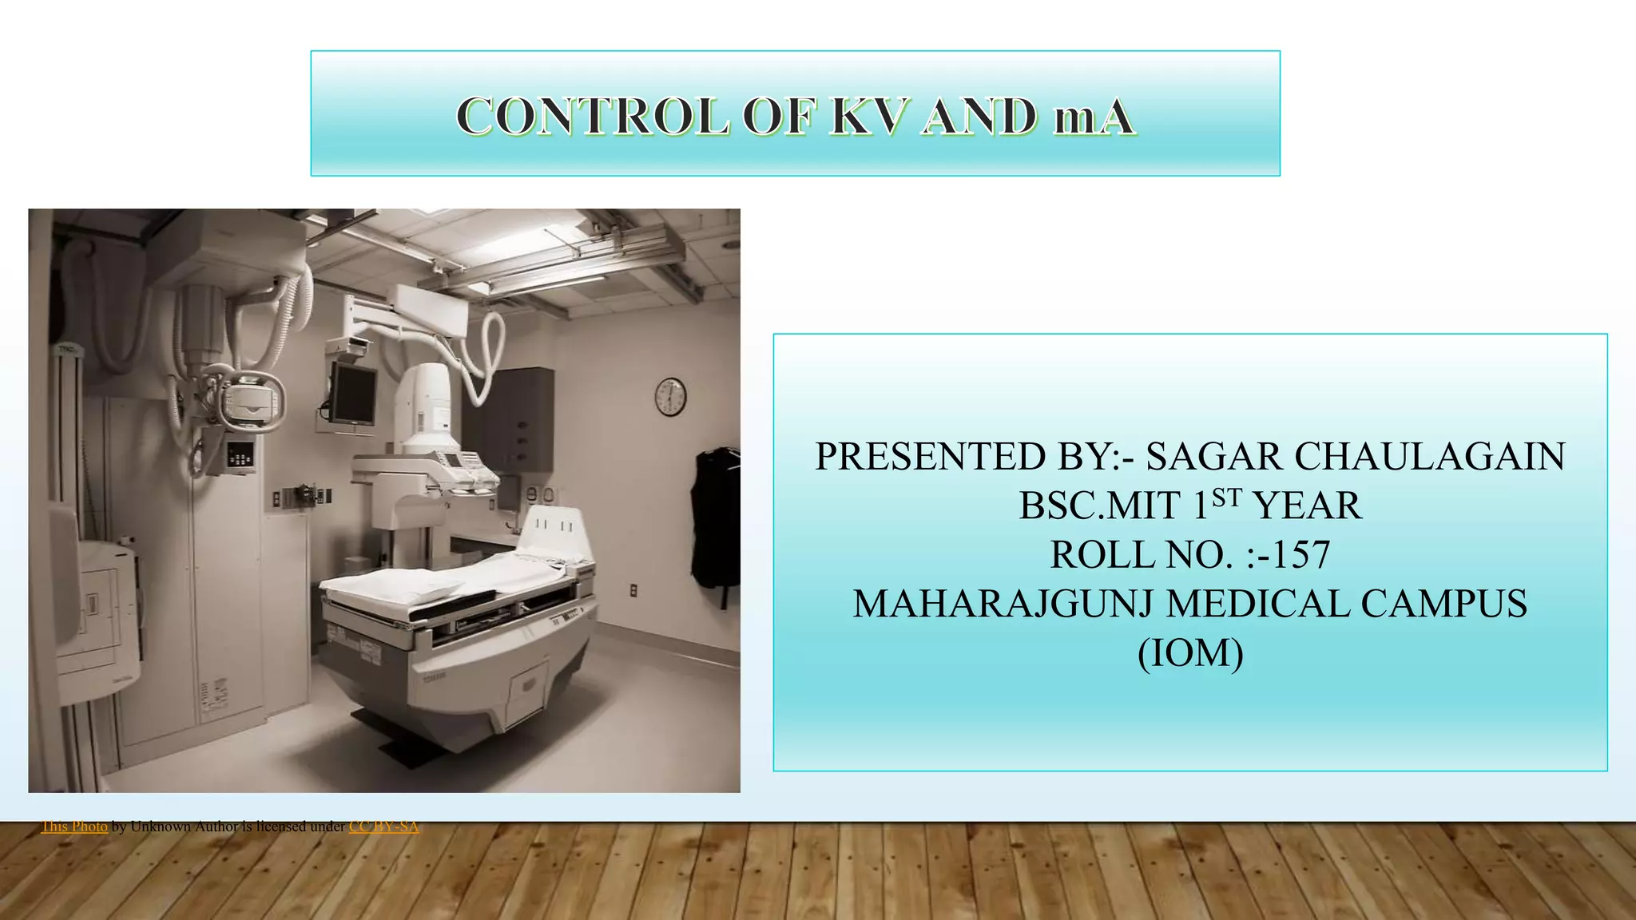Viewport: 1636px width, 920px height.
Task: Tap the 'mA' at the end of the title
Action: pyautogui.click(x=1094, y=117)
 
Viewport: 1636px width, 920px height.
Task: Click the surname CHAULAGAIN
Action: pyautogui.click(x=1429, y=457)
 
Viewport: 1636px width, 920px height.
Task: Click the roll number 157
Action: pyautogui.click(x=1301, y=555)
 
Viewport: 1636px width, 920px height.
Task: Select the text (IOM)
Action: pyautogui.click(x=1190, y=653)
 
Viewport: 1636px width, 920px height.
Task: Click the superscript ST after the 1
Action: pyautogui.click(x=1226, y=498)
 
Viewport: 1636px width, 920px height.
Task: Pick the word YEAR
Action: pyautogui.click(x=1307, y=506)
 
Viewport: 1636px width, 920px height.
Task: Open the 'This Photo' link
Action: pyautogui.click(x=74, y=827)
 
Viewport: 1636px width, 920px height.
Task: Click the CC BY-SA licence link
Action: pyautogui.click(x=383, y=827)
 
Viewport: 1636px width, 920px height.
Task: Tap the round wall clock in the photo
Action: pyautogui.click(x=670, y=397)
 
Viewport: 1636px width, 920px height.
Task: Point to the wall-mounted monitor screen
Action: pyautogui.click(x=353, y=395)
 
